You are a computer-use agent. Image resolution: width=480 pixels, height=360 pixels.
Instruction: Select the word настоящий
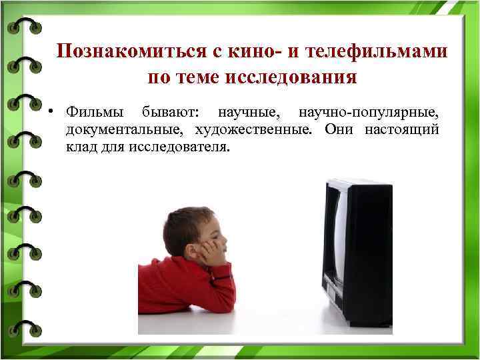click(x=402, y=129)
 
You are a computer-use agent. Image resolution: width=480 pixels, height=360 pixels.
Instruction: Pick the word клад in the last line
click(x=79, y=147)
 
